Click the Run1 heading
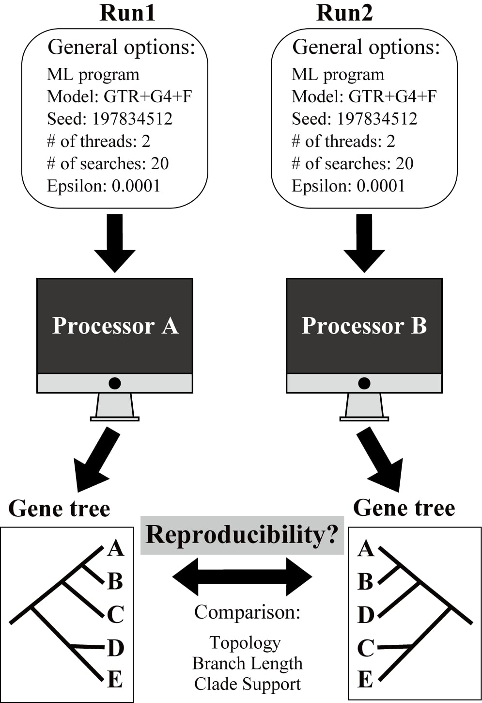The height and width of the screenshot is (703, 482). point(127,13)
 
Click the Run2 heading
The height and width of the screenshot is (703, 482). point(344,13)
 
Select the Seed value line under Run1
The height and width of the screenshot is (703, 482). point(109,119)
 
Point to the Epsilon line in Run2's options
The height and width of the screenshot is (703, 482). point(348,186)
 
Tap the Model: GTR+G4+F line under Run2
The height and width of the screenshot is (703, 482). point(364,96)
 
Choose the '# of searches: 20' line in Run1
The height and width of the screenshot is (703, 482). point(108,163)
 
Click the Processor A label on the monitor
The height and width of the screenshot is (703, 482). point(115,325)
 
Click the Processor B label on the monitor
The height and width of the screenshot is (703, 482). point(364,325)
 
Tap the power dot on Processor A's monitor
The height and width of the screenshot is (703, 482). point(115,383)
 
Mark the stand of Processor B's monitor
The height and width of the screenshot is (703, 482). point(364,406)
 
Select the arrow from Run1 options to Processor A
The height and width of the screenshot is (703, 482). point(115,242)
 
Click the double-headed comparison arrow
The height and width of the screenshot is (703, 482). point(242,577)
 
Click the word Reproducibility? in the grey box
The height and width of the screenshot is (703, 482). point(242,535)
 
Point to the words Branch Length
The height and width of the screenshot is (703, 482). point(247,663)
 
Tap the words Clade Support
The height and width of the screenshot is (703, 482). point(248,684)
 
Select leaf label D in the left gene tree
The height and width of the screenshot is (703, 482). point(115,648)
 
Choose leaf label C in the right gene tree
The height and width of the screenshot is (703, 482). point(366,648)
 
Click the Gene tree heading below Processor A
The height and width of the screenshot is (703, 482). point(59,509)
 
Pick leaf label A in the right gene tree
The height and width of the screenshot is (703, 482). point(366,549)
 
